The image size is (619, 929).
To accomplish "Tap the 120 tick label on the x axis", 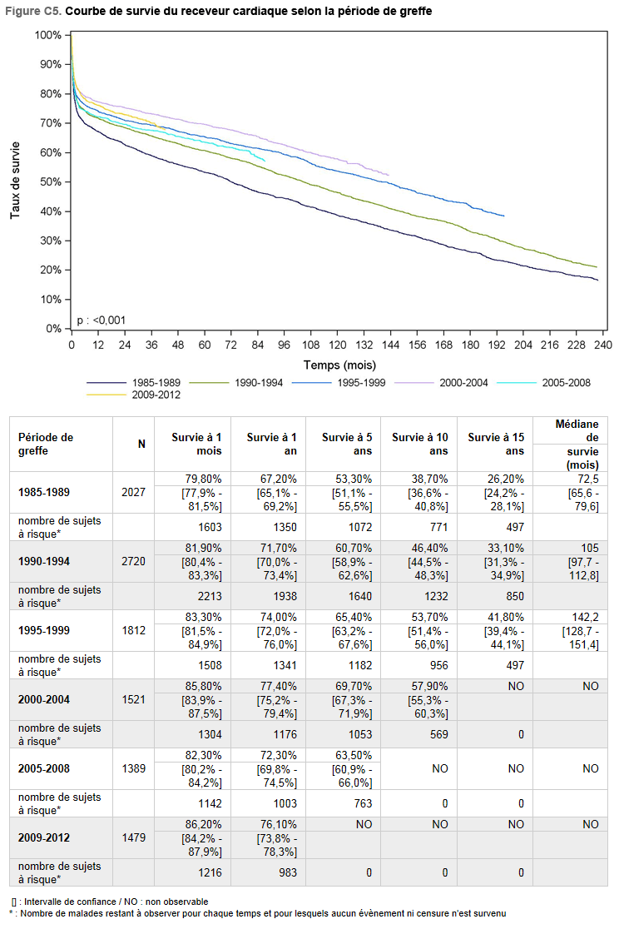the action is [338, 345].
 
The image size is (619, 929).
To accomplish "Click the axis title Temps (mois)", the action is [339, 365].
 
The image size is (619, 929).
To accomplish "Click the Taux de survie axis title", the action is [16, 180].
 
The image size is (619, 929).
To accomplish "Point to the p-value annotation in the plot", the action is [102, 320].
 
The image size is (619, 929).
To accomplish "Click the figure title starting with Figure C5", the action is [219, 12].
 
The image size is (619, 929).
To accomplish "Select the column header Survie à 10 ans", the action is [419, 444].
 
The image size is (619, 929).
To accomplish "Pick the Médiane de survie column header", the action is [576, 445].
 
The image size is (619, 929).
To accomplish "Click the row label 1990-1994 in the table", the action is [44, 561].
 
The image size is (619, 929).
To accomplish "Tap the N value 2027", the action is [133, 492].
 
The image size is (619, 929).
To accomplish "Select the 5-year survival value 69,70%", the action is [354, 686].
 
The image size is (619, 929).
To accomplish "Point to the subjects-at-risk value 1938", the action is [285, 596].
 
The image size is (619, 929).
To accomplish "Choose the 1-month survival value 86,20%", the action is [203, 824].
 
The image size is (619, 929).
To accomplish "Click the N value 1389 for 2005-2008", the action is [133, 768].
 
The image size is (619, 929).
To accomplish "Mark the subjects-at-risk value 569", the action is [439, 734].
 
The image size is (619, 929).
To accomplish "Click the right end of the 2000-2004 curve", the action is [389, 175].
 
